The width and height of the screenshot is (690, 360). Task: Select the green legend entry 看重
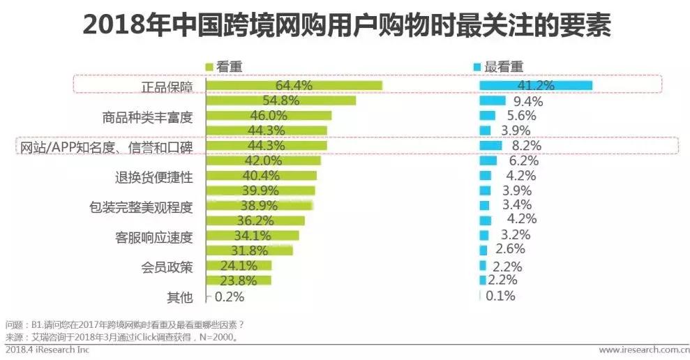pyautogui.click(x=223, y=67)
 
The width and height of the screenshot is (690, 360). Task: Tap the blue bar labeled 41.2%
pyautogui.click(x=535, y=85)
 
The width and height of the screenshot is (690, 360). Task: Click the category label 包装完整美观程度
pyautogui.click(x=141, y=207)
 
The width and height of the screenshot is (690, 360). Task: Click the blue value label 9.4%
pyautogui.click(x=527, y=101)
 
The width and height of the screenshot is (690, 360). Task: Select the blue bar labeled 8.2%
pyautogui.click(x=490, y=146)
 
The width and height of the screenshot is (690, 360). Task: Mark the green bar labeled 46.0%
pyautogui.click(x=269, y=116)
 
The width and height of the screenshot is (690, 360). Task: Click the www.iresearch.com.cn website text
pyautogui.click(x=643, y=350)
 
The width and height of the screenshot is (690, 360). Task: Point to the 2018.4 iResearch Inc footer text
pyautogui.click(x=47, y=350)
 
